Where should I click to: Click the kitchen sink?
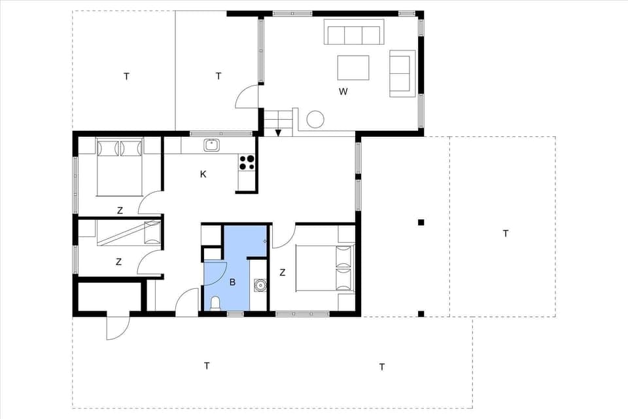(x=211, y=145)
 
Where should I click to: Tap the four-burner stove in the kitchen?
(x=247, y=162)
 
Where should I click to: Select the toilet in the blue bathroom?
(x=215, y=303)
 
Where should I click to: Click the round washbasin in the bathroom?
(x=260, y=285)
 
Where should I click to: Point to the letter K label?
(x=203, y=174)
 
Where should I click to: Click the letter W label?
(x=343, y=92)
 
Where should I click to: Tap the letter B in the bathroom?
(x=232, y=282)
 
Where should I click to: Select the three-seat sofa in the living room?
(x=353, y=33)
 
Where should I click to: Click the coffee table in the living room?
(x=353, y=67)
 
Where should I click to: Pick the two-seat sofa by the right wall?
(x=402, y=73)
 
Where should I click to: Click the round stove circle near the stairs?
(x=315, y=119)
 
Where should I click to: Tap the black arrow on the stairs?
(x=278, y=133)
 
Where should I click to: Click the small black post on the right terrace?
(x=421, y=223)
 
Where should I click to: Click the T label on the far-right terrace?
(x=505, y=233)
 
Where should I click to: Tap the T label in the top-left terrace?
(x=126, y=77)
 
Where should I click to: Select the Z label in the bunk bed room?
(x=118, y=262)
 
